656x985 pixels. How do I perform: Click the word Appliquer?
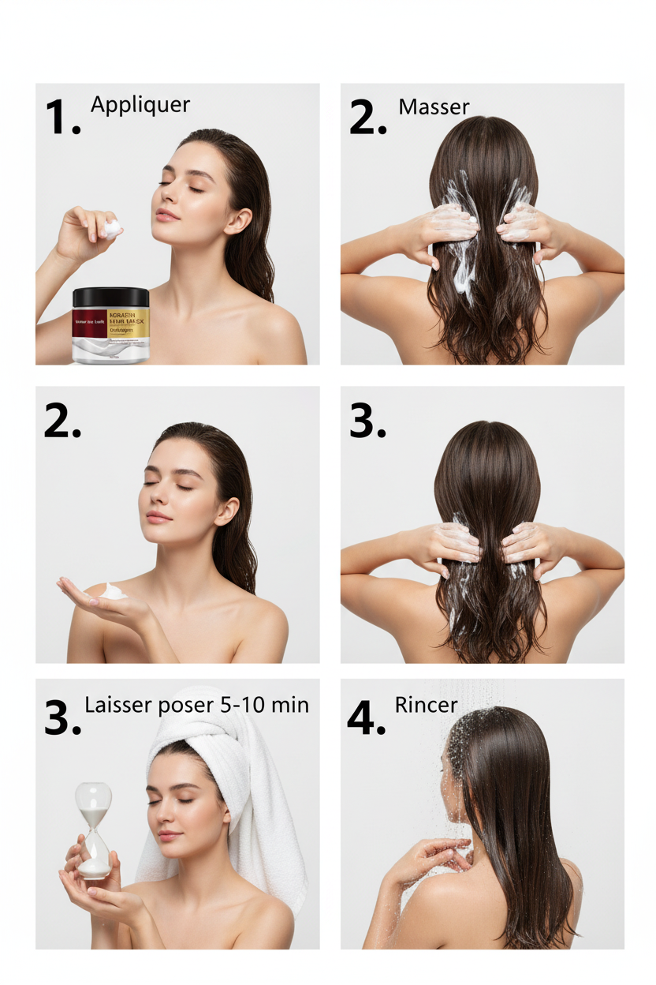[140, 105]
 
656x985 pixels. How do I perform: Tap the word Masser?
[434, 107]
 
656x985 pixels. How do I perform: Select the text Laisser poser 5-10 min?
[196, 705]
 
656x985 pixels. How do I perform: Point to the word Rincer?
[426, 705]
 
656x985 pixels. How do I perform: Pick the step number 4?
[366, 718]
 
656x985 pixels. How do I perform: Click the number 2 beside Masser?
[367, 118]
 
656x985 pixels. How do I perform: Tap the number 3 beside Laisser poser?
[62, 718]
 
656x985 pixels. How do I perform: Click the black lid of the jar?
[110, 297]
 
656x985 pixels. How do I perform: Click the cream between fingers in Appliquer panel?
[112, 230]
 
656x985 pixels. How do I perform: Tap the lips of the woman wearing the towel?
[168, 835]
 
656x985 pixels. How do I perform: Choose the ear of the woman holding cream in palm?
[226, 511]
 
